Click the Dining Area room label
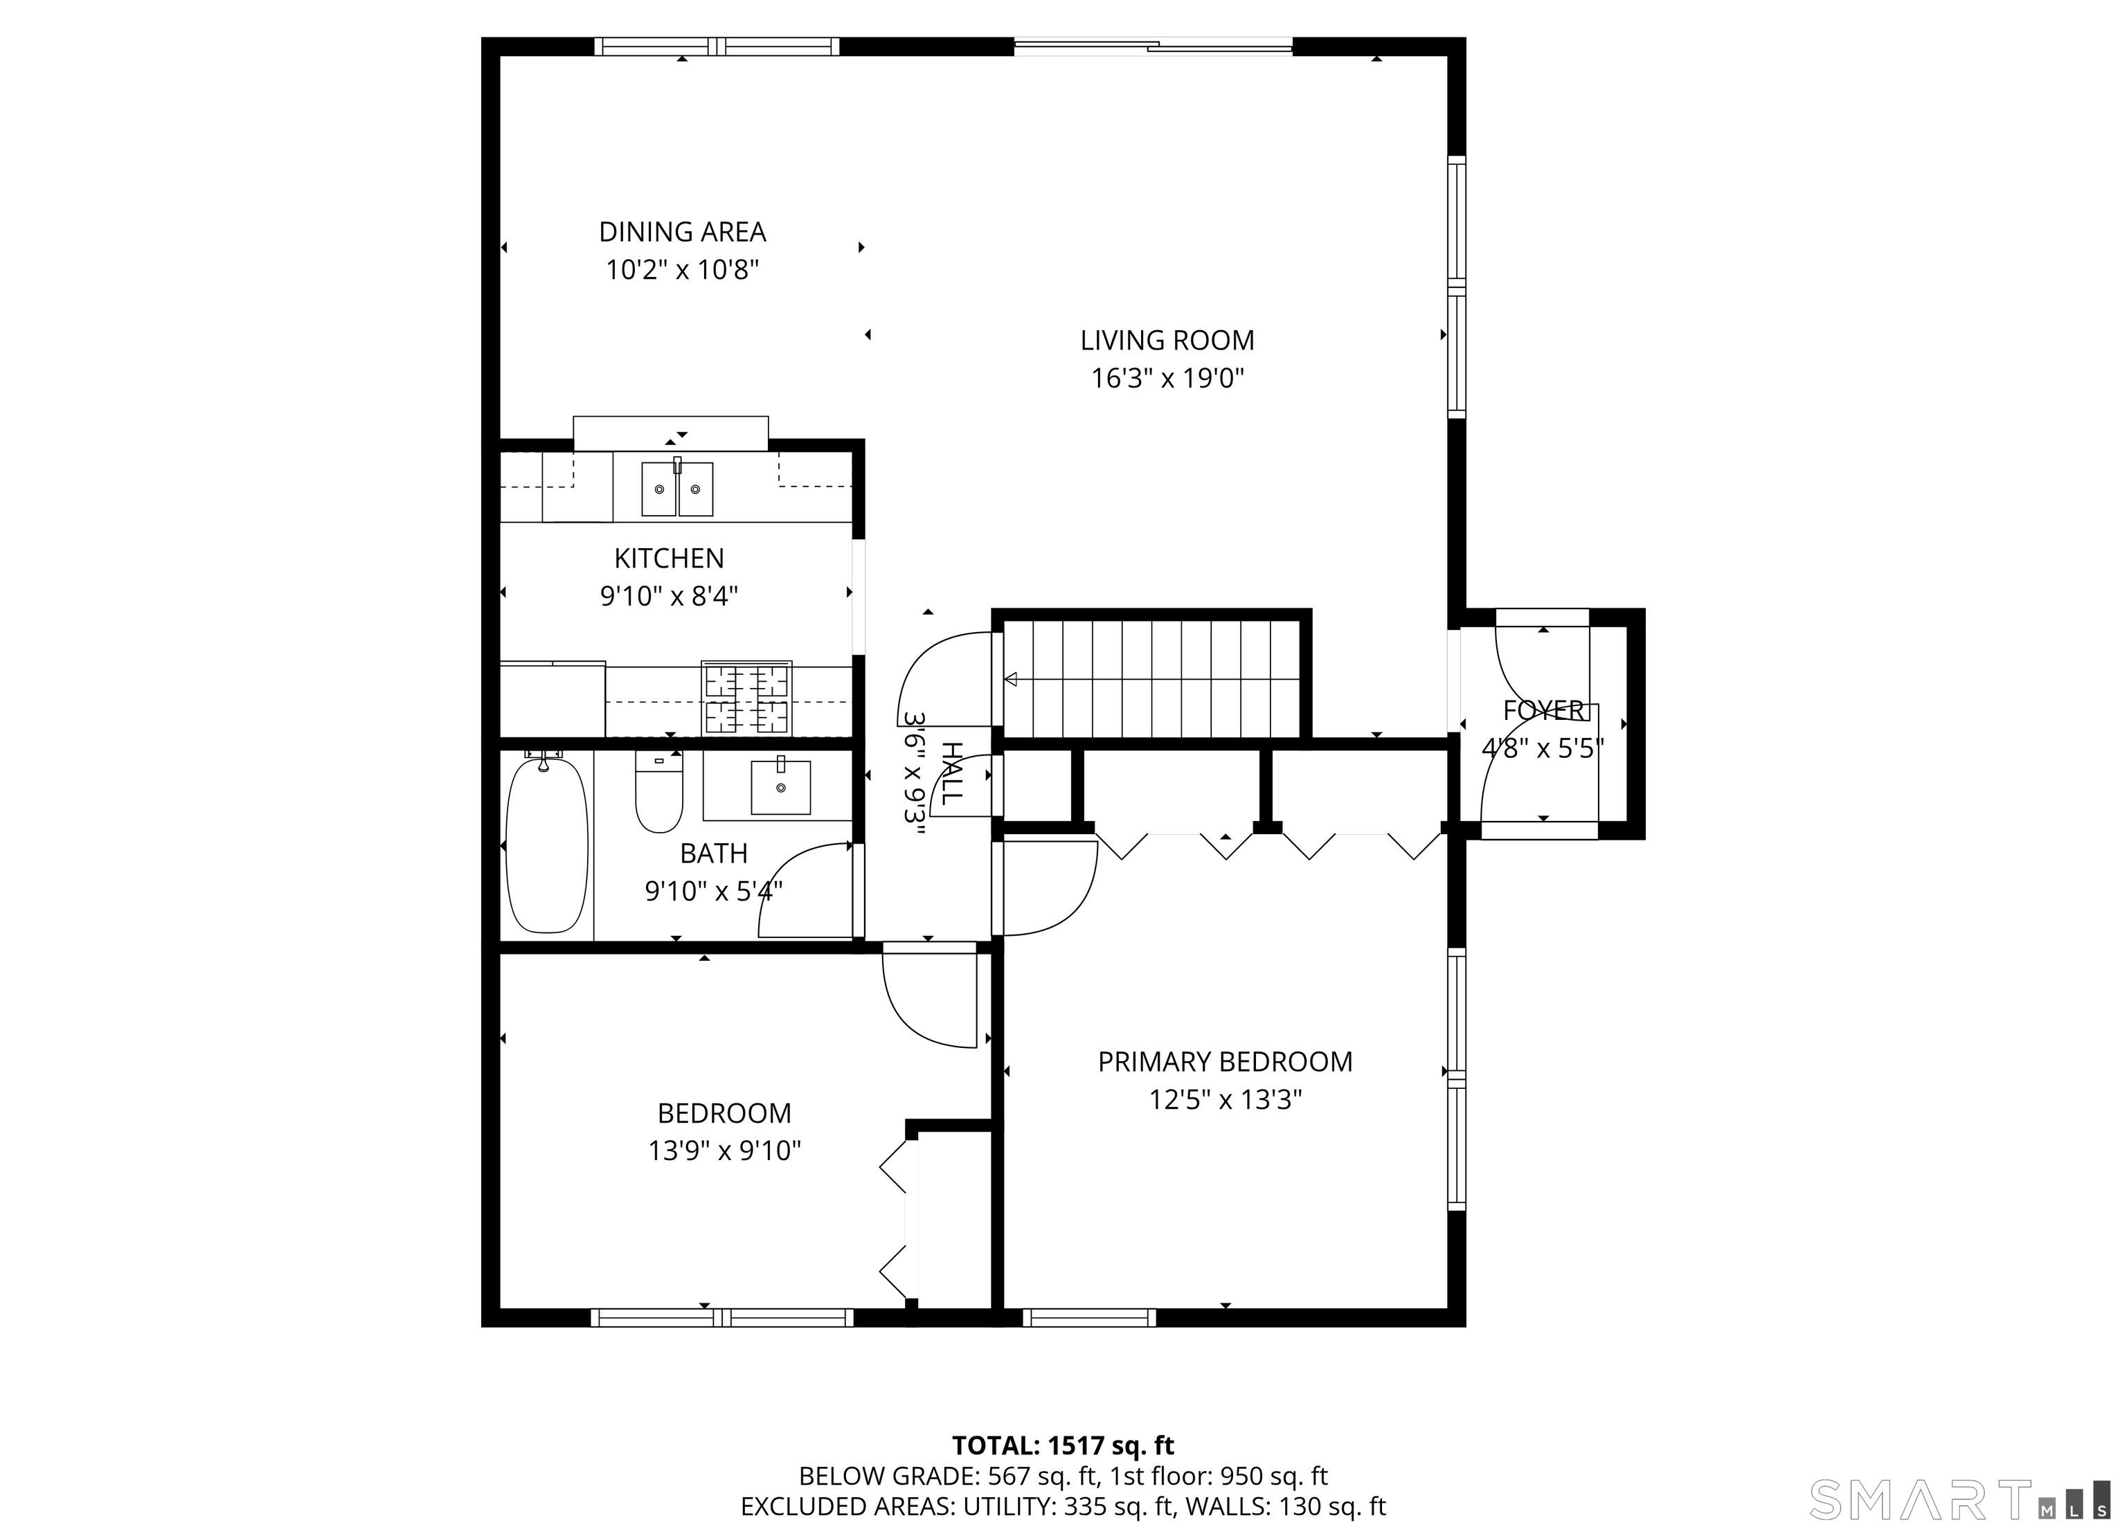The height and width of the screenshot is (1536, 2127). point(683,232)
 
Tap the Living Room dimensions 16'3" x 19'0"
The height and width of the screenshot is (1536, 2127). point(1167,378)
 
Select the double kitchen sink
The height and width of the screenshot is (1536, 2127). point(677,487)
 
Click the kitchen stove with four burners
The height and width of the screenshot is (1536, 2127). point(746,698)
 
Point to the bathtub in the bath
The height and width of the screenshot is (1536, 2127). point(547,845)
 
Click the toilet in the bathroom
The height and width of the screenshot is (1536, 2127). point(658,791)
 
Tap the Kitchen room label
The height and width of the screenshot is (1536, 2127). point(670,558)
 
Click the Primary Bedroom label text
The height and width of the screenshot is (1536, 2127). point(1226,1062)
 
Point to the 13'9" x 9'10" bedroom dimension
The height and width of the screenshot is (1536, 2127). point(725,1150)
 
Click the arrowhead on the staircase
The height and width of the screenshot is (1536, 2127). point(1010,679)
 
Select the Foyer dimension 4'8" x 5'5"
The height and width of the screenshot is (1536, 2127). point(1543,748)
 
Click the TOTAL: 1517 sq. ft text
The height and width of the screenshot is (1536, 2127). point(1063,1445)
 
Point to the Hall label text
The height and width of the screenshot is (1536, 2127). point(951,774)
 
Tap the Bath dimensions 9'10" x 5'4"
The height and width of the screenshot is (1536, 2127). point(714,891)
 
